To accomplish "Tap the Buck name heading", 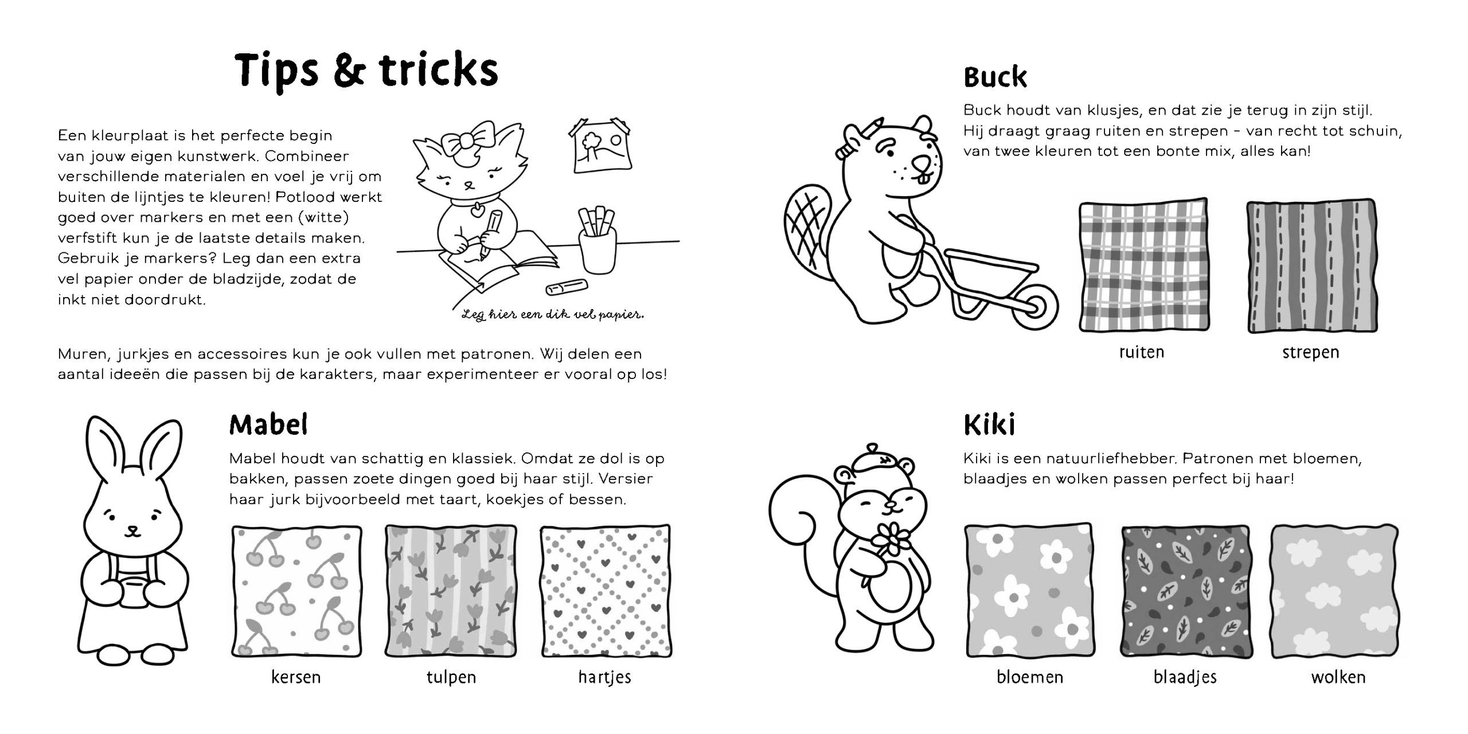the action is (995, 78).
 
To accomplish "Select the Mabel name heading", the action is (268, 425).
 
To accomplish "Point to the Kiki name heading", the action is (990, 425).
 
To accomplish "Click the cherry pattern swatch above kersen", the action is (297, 591).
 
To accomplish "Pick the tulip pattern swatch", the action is (451, 591).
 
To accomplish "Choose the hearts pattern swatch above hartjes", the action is (606, 591).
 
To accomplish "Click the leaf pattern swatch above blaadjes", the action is (1185, 591).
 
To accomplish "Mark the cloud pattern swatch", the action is (1336, 591).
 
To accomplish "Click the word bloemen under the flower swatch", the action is (1030, 677).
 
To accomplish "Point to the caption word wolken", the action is (1338, 677).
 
